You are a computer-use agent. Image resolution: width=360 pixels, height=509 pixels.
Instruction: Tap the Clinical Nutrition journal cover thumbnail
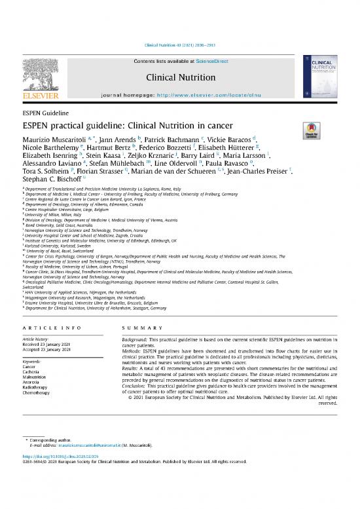click(317, 77)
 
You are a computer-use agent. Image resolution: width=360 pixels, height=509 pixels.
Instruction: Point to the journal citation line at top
click(180, 45)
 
